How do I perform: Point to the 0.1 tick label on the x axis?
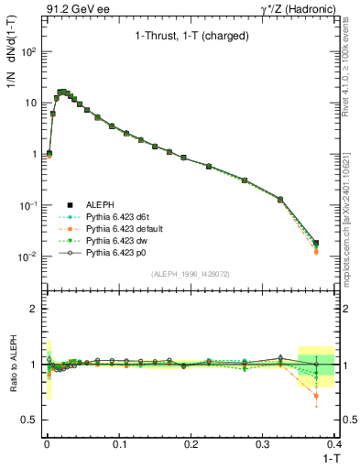(118, 442)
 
